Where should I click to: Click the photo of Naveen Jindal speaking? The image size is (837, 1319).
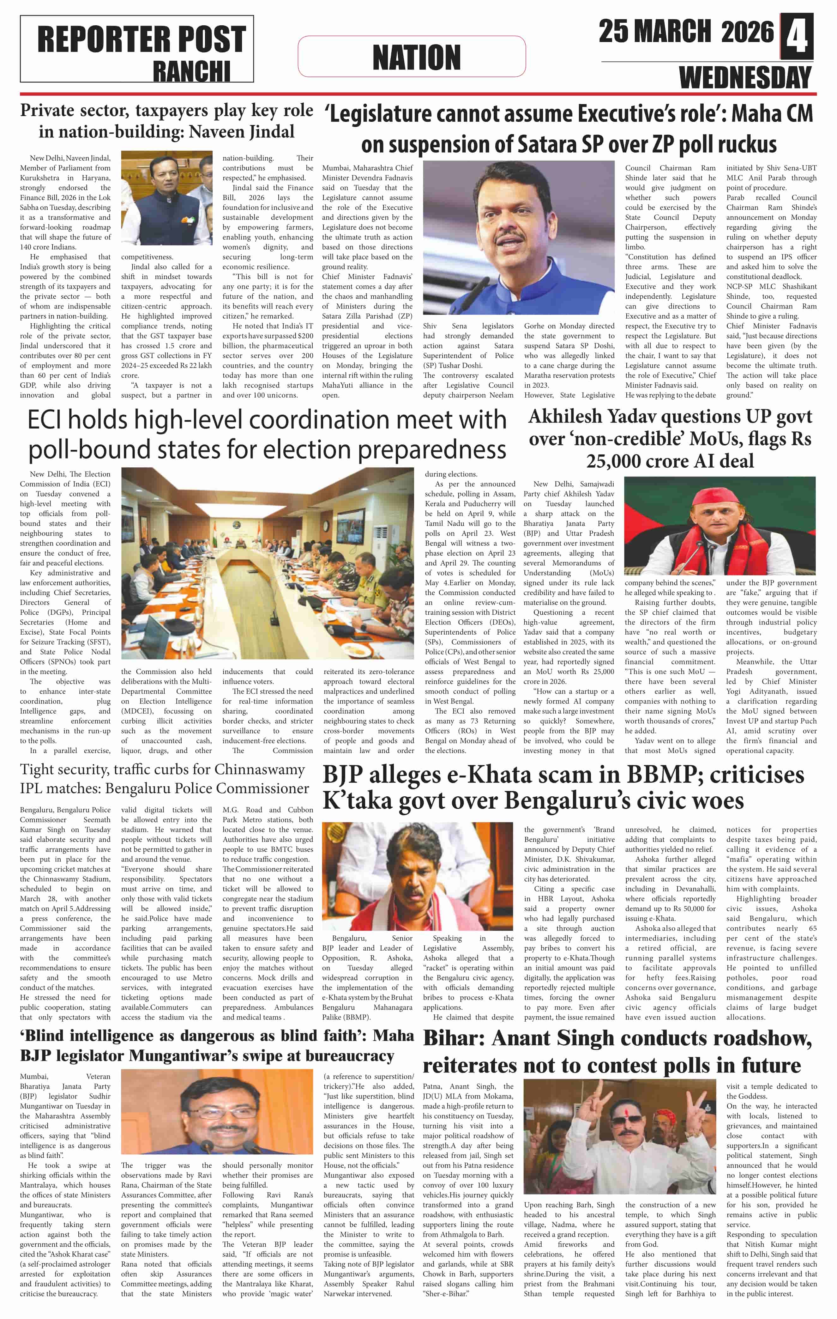(x=166, y=198)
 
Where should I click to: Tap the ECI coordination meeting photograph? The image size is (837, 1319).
(x=267, y=563)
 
